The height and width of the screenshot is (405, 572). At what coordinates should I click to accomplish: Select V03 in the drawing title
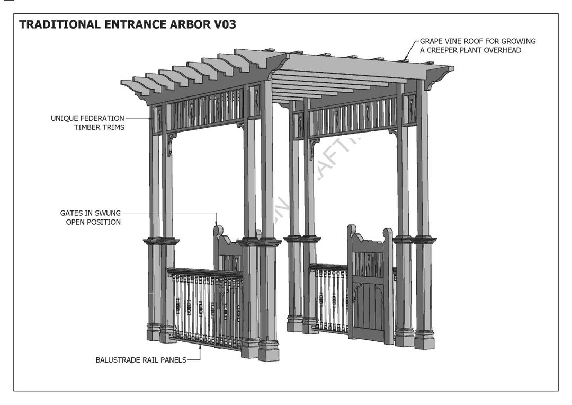tap(222, 25)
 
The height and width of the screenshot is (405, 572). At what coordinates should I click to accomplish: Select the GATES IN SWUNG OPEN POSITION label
tap(90, 217)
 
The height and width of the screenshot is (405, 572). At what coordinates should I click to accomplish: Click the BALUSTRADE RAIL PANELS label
tap(141, 360)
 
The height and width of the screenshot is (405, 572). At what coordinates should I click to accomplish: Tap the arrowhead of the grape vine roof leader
tap(405, 59)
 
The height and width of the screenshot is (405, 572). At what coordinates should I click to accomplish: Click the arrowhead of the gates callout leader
tap(216, 223)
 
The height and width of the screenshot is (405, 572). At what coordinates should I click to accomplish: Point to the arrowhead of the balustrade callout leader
tap(200, 345)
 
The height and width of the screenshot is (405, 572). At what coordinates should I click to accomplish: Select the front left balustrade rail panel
tap(205, 307)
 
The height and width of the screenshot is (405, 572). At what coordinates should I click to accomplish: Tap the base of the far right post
tap(424, 339)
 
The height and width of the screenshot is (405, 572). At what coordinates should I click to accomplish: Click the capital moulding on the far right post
tap(424, 240)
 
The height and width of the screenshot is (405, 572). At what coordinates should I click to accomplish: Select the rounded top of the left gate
tap(217, 232)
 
